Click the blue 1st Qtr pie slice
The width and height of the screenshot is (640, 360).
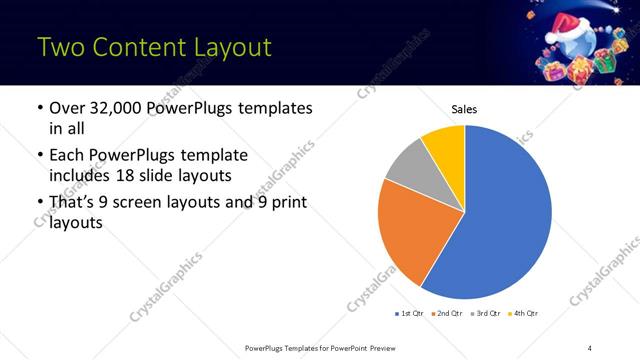tap(505, 215)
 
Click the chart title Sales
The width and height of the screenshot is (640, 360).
tap(465, 109)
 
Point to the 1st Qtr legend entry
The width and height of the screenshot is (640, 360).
tap(410, 313)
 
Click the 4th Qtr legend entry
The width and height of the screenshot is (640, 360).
tap(524, 313)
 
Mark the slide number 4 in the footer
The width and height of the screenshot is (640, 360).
tap(590, 347)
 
